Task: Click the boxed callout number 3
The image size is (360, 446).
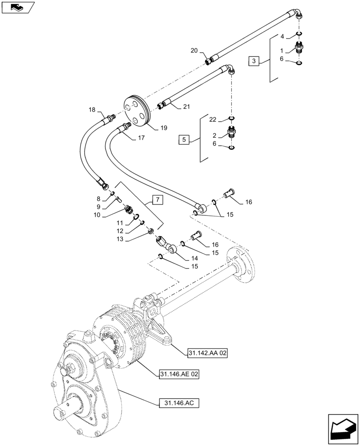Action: coord(253,61)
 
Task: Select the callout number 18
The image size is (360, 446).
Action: coord(92,109)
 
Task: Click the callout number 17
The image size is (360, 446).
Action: coord(141,138)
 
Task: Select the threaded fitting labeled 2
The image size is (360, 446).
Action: coord(231,132)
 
